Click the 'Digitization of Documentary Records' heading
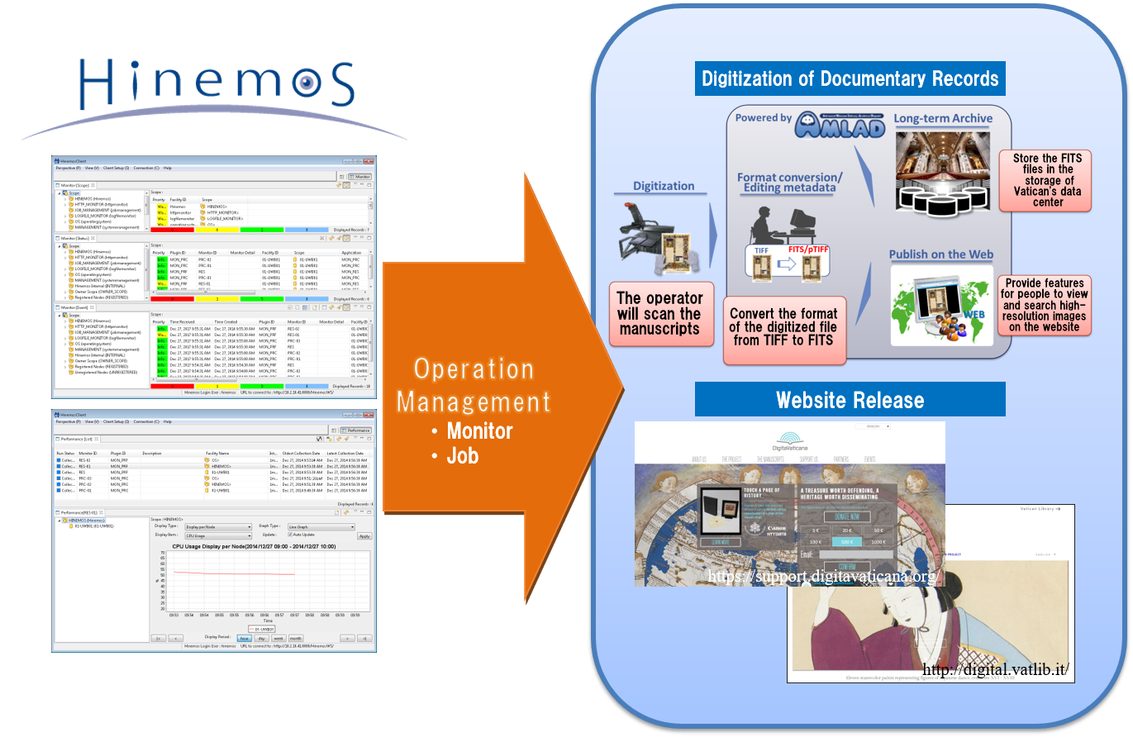(x=850, y=79)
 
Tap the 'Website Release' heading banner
(x=850, y=400)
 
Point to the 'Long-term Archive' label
(x=943, y=118)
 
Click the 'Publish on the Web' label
(x=940, y=254)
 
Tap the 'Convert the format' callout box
(x=784, y=330)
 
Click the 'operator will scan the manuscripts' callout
(x=659, y=314)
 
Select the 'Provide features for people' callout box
(x=1044, y=305)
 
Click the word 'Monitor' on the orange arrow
(x=479, y=430)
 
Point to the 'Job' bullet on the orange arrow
(x=462, y=455)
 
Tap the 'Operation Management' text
(x=474, y=386)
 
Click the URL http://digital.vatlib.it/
(x=997, y=670)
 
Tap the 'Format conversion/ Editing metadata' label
(x=789, y=183)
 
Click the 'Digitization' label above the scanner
(x=664, y=186)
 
